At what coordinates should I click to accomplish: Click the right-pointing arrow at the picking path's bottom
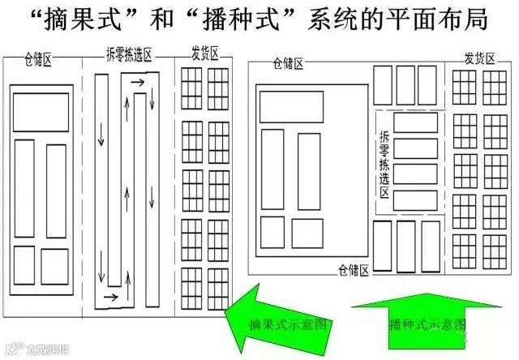110,298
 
